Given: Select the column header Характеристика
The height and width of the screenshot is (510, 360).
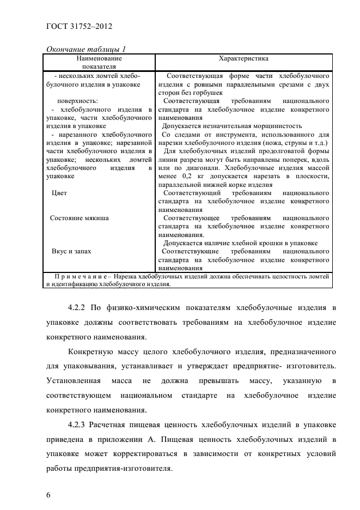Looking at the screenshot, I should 243,57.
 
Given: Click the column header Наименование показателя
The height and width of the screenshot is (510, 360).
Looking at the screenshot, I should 99,62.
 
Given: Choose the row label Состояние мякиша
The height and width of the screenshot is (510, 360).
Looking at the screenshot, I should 79,218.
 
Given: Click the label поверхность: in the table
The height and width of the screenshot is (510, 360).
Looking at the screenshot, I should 77,101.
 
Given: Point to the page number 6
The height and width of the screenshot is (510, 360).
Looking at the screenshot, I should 48,494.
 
